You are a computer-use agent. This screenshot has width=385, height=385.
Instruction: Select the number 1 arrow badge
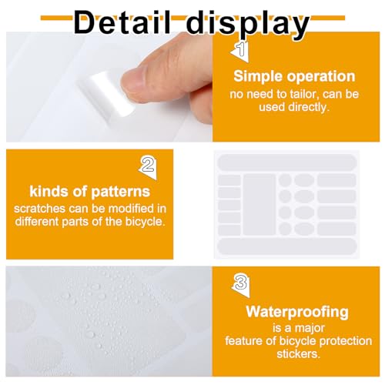(239, 52)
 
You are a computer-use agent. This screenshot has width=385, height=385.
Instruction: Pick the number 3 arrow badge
(241, 283)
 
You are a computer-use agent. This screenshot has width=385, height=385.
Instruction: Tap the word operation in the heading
(323, 76)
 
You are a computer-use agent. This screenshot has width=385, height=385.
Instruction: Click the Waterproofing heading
(296, 312)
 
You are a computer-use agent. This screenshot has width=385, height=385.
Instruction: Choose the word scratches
(38, 209)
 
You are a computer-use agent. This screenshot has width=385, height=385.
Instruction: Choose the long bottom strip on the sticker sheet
(286, 246)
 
